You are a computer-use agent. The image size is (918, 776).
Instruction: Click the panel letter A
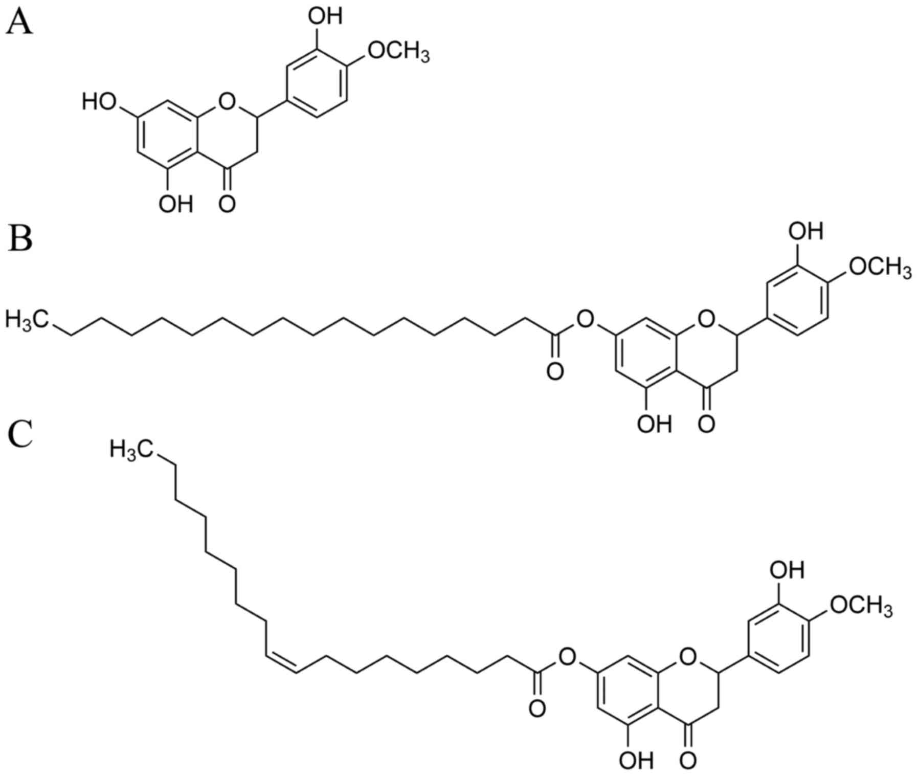pyautogui.click(x=19, y=23)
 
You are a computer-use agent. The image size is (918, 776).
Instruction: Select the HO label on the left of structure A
pyautogui.click(x=99, y=102)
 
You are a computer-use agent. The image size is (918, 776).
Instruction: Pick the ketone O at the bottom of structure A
pyautogui.click(x=227, y=203)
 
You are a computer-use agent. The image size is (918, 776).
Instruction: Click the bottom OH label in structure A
pyautogui.click(x=176, y=204)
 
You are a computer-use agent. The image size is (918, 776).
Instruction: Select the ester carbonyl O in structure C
pyautogui.click(x=536, y=709)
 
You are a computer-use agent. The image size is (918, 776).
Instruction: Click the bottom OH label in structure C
pyautogui.click(x=636, y=761)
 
